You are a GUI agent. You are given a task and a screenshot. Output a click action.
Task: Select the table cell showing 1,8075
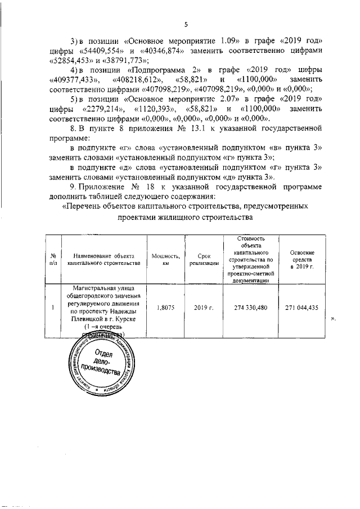click(x=165, y=308)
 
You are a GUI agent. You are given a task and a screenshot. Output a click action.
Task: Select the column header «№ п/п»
click(x=53, y=259)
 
